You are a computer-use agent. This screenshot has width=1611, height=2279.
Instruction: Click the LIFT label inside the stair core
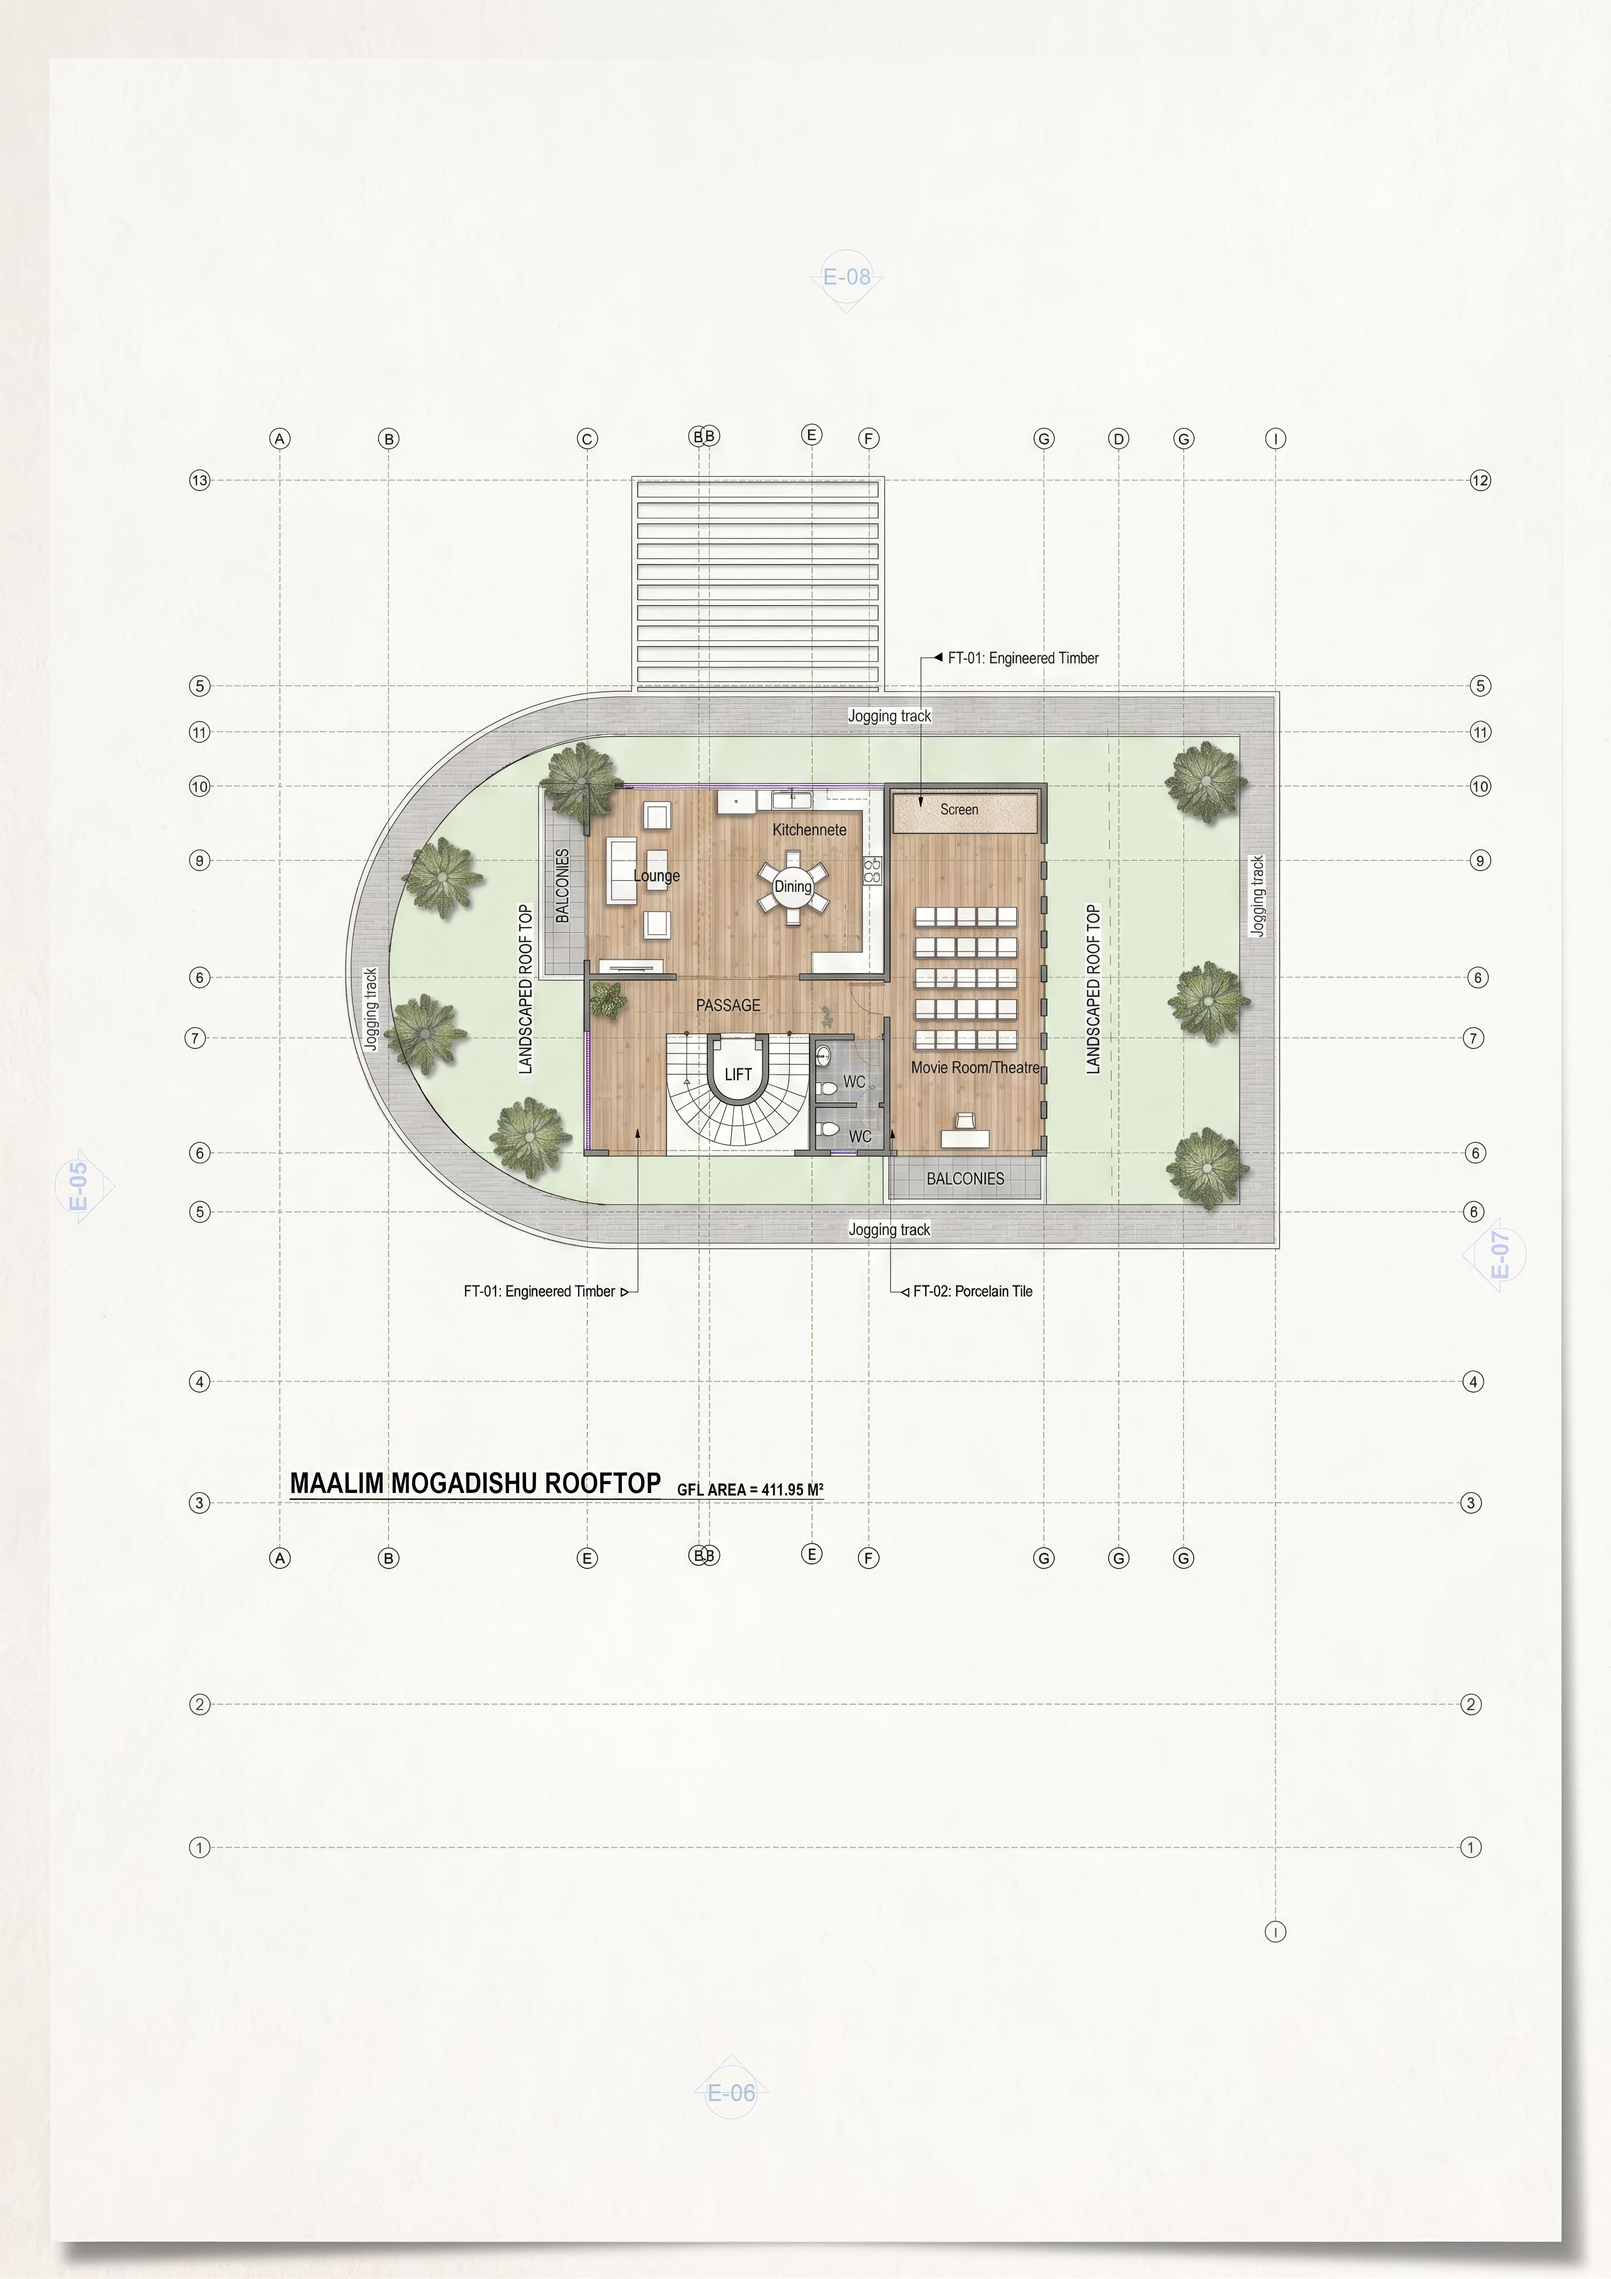pos(737,1074)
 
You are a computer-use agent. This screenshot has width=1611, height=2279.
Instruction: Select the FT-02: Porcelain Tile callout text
pos(973,1291)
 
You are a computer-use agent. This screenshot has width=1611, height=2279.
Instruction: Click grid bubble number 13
pos(200,480)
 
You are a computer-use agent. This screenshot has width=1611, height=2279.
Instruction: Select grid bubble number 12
pos(1480,480)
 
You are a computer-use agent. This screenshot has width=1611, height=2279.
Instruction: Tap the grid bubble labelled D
pos(1119,439)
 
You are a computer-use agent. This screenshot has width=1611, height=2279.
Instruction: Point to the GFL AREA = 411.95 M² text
pos(750,1489)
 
